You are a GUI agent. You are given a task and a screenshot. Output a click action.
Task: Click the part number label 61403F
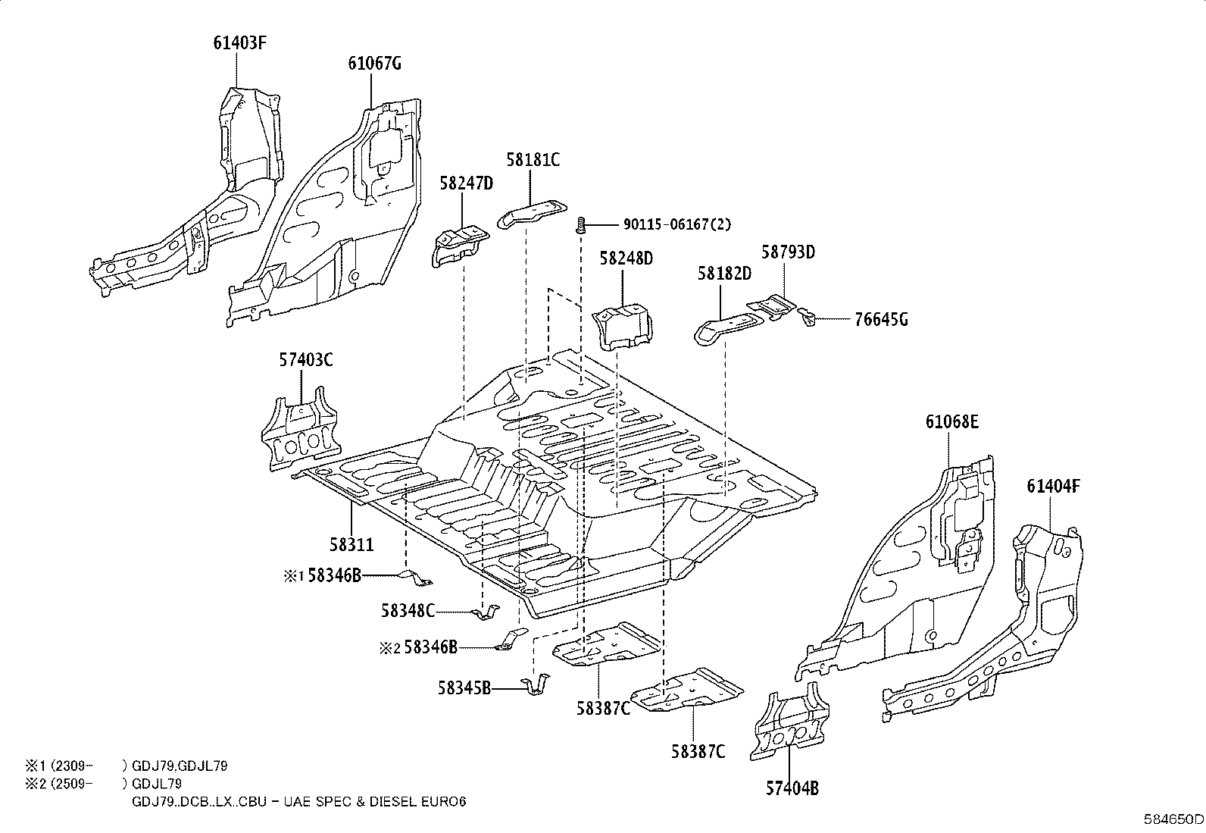click(239, 43)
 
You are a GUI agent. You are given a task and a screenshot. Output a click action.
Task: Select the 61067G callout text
click(374, 64)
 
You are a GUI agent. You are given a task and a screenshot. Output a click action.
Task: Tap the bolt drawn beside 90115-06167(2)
click(581, 224)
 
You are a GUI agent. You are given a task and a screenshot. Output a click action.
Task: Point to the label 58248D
click(626, 258)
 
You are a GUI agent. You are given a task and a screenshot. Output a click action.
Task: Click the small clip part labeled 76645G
click(807, 317)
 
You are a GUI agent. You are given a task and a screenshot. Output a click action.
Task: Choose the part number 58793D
click(788, 252)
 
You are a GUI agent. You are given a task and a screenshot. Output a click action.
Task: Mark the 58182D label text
click(724, 274)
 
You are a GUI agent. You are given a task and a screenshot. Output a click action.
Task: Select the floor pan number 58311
click(351, 545)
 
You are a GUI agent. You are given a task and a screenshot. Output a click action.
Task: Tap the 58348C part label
click(408, 611)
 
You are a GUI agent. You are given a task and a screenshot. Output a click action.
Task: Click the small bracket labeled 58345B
click(536, 684)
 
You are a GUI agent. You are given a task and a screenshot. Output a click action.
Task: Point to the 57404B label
click(792, 789)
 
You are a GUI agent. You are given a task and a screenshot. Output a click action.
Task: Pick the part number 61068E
click(952, 421)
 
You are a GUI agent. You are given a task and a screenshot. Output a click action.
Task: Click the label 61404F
click(1053, 486)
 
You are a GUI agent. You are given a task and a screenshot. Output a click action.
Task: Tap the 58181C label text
click(533, 160)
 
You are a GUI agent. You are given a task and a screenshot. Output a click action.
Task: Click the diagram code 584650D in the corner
click(1173, 819)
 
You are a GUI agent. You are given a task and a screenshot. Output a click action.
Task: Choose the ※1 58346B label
click(322, 576)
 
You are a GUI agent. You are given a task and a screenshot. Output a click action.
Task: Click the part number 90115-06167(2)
click(677, 224)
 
